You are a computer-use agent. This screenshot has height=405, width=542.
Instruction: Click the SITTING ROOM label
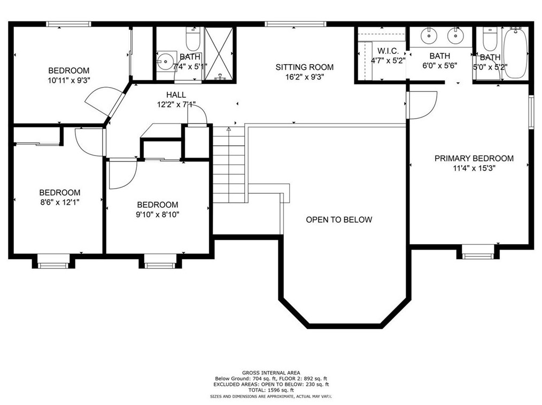point(304,67)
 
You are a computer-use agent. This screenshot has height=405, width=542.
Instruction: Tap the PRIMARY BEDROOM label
point(474,159)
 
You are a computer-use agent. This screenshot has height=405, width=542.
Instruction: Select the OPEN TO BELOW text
point(339,220)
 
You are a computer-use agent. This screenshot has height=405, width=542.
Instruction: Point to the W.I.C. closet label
point(388,51)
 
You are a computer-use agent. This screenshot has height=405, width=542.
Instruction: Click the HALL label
point(176,95)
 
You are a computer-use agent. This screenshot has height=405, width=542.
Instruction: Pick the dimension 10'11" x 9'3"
point(68,81)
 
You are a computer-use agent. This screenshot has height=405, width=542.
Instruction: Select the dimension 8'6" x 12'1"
point(59,203)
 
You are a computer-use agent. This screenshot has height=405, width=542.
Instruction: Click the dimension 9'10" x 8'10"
point(157,215)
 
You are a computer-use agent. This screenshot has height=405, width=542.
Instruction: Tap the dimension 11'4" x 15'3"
point(474,168)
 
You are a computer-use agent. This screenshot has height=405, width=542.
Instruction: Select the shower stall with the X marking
point(219,53)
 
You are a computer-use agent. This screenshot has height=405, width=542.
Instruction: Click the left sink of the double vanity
point(429,36)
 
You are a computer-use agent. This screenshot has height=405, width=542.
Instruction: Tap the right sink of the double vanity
point(455,36)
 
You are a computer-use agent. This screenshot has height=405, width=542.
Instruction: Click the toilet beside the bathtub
point(489,38)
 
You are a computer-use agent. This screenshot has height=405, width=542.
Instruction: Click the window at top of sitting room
point(295,24)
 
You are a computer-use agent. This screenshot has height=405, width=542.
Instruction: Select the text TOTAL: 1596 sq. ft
point(270,390)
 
